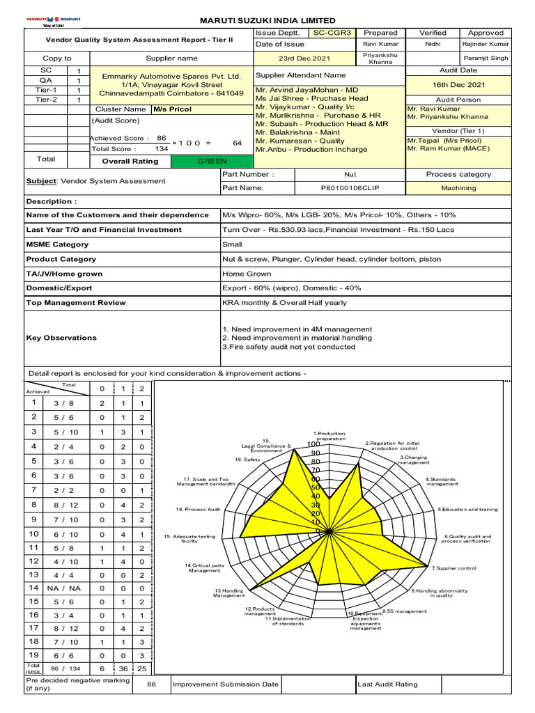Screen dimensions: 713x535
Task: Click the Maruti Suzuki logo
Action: [54, 20]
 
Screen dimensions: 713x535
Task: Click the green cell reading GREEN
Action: [212, 161]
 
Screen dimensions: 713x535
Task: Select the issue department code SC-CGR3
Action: [332, 33]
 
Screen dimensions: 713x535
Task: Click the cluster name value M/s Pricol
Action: [172, 109]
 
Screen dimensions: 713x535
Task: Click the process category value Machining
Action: [458, 188]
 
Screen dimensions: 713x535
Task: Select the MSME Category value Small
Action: [232, 244]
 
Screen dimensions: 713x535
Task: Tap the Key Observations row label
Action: [61, 338]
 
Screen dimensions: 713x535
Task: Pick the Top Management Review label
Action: [76, 303]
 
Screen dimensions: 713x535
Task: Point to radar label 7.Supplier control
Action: [453, 568]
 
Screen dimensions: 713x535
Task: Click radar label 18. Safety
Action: [247, 460]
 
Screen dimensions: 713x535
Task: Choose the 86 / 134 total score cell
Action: [61, 668]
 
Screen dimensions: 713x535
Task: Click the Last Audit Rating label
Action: [387, 684]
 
